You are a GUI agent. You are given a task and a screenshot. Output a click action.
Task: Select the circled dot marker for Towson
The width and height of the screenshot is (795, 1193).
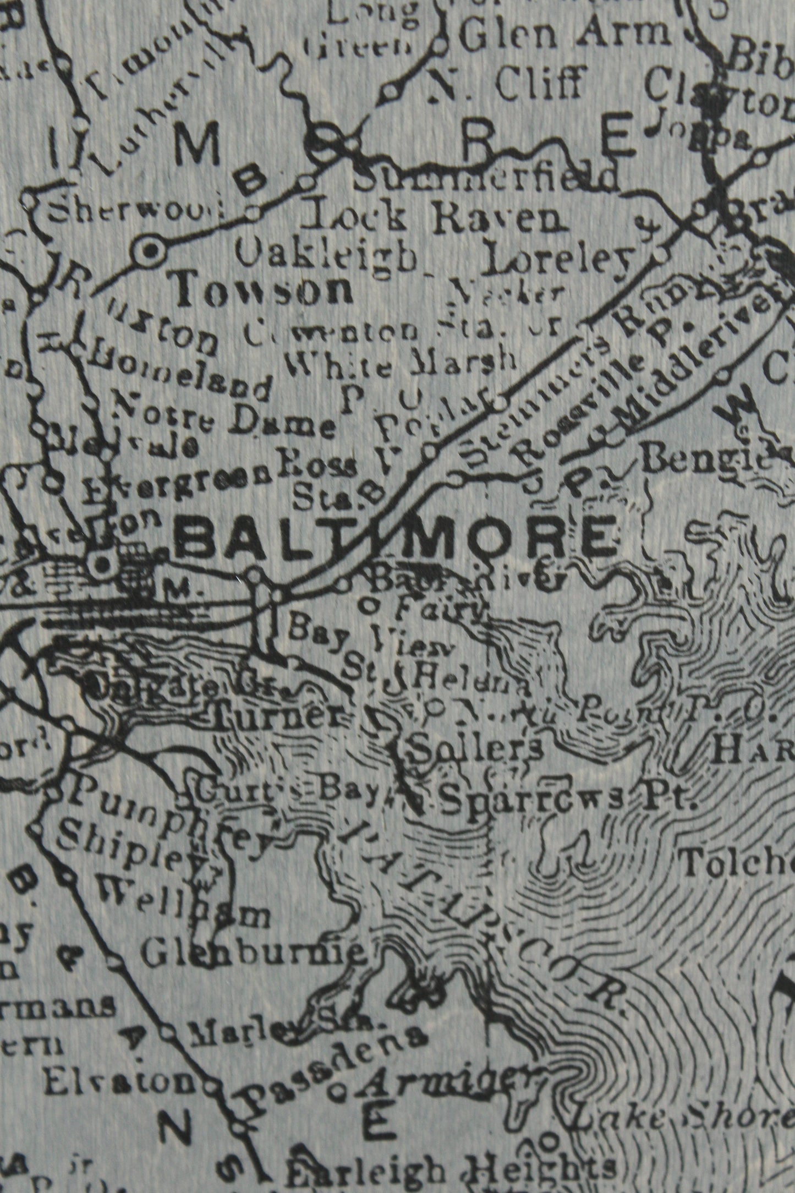pyautogui.click(x=150, y=251)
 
